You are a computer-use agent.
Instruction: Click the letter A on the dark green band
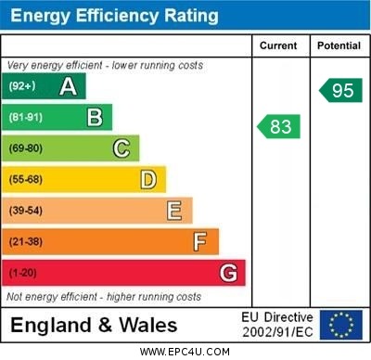68,87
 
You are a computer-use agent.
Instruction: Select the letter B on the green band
95,118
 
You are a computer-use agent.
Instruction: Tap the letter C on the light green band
121,148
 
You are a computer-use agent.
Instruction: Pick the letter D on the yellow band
147,179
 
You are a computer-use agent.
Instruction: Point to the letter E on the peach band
173,211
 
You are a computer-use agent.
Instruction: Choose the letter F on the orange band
199,242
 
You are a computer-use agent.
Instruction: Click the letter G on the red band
227,274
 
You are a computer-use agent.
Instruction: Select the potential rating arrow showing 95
339,91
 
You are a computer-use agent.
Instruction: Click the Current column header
278,45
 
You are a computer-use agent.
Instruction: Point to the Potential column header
339,45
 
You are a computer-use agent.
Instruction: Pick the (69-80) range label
26,148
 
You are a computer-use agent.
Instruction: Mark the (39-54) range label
26,211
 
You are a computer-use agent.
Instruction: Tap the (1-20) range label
23,274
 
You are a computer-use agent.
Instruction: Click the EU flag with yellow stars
341,325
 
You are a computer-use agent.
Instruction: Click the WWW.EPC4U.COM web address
185,352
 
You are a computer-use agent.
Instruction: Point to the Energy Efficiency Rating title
113,16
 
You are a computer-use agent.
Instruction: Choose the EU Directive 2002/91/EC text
277,325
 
